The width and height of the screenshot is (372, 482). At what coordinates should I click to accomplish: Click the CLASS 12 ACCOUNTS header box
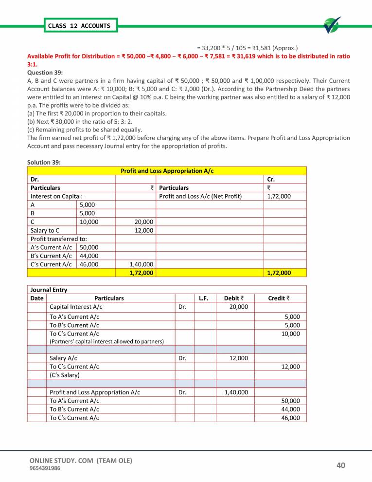(78, 25)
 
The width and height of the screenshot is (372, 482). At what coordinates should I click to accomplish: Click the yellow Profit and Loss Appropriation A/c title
(167, 171)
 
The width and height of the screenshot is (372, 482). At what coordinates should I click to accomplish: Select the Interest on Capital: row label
(56, 196)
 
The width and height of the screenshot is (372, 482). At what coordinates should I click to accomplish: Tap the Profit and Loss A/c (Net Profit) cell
(200, 196)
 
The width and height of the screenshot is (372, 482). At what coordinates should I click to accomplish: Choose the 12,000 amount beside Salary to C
(143, 230)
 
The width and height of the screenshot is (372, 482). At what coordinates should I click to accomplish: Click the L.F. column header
(204, 298)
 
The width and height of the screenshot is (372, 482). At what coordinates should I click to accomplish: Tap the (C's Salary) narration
(65, 375)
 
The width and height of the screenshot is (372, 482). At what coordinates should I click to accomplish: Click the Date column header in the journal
(36, 298)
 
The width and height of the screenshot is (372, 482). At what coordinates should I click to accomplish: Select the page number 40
(340, 466)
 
